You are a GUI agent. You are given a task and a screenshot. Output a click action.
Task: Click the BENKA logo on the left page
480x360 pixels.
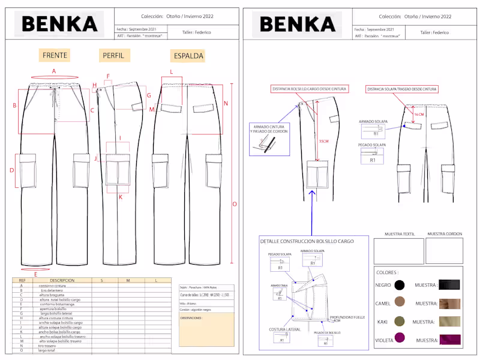[59, 24]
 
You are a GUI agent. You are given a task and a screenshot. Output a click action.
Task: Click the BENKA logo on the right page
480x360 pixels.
[297, 24]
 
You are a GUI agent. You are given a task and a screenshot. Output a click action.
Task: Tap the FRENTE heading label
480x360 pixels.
[55, 56]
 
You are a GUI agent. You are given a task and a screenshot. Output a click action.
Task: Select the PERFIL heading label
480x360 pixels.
[113, 56]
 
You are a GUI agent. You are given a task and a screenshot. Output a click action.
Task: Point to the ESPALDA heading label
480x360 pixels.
[188, 56]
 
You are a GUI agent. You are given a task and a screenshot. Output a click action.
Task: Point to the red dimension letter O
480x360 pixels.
[235, 204]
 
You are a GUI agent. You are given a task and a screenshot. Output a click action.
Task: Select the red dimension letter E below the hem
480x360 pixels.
[36, 274]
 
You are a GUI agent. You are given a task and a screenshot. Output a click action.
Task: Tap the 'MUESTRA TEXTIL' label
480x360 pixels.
[399, 233]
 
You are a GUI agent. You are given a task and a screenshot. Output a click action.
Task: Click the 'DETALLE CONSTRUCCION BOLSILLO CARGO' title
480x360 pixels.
[307, 241]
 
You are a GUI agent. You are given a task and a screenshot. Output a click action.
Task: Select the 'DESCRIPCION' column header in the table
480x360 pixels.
[62, 280]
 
